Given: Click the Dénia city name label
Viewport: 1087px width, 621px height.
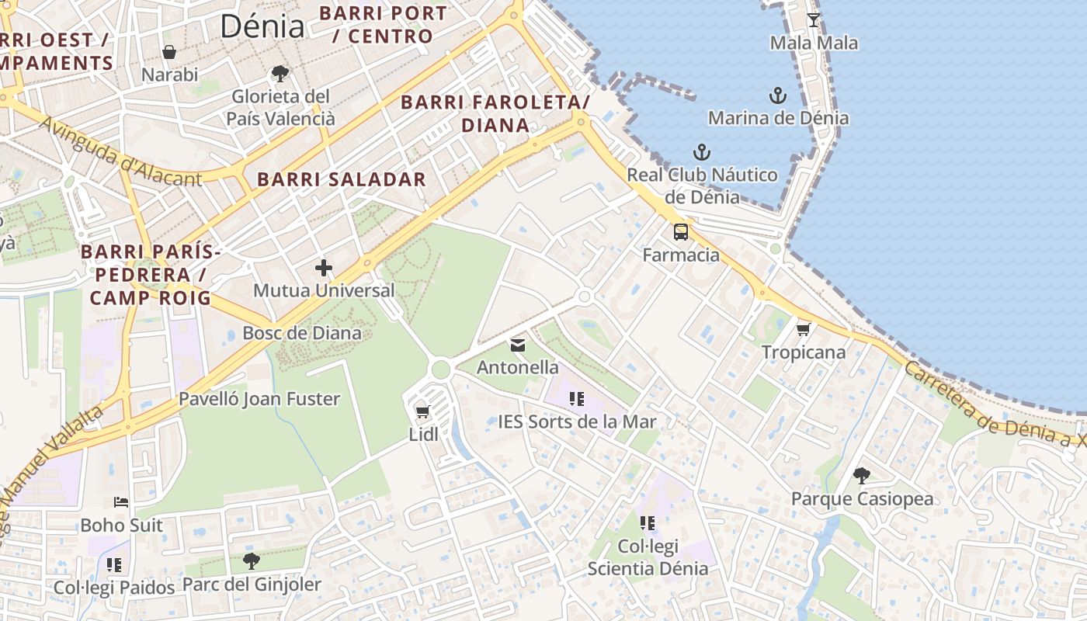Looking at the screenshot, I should tap(262, 26).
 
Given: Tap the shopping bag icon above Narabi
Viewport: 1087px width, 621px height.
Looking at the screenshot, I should tap(169, 52).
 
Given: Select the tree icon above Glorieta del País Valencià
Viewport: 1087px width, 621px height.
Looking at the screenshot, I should tap(280, 74).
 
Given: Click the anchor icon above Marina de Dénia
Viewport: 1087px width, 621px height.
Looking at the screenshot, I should tap(778, 95).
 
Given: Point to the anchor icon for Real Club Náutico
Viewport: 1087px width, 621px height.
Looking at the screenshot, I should tap(702, 152).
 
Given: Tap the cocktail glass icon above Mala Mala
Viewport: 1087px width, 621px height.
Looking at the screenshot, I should tap(814, 19).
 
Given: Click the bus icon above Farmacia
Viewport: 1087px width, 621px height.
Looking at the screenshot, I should tap(681, 231).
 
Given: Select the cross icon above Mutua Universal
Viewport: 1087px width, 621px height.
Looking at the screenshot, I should tap(324, 269).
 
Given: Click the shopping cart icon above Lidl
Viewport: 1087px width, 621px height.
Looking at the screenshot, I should tap(423, 411).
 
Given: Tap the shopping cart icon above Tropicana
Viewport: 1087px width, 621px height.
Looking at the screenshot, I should tap(804, 329).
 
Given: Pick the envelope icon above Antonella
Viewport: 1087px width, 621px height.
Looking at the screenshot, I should tap(518, 345).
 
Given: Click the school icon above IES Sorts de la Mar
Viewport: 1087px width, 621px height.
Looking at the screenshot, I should tap(577, 399).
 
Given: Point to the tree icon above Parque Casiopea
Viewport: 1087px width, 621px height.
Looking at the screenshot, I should tap(862, 475).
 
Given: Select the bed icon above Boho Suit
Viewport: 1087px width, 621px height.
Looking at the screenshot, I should tap(121, 502).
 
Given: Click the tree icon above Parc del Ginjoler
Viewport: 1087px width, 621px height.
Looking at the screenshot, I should tap(251, 560).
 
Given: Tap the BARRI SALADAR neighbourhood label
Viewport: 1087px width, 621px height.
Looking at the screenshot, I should tap(342, 179).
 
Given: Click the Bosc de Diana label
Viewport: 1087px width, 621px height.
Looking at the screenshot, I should tap(302, 333).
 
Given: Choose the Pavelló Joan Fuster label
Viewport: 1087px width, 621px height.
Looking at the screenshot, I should tap(259, 399).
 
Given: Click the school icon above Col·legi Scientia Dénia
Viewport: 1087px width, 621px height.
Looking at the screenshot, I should tap(648, 523).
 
